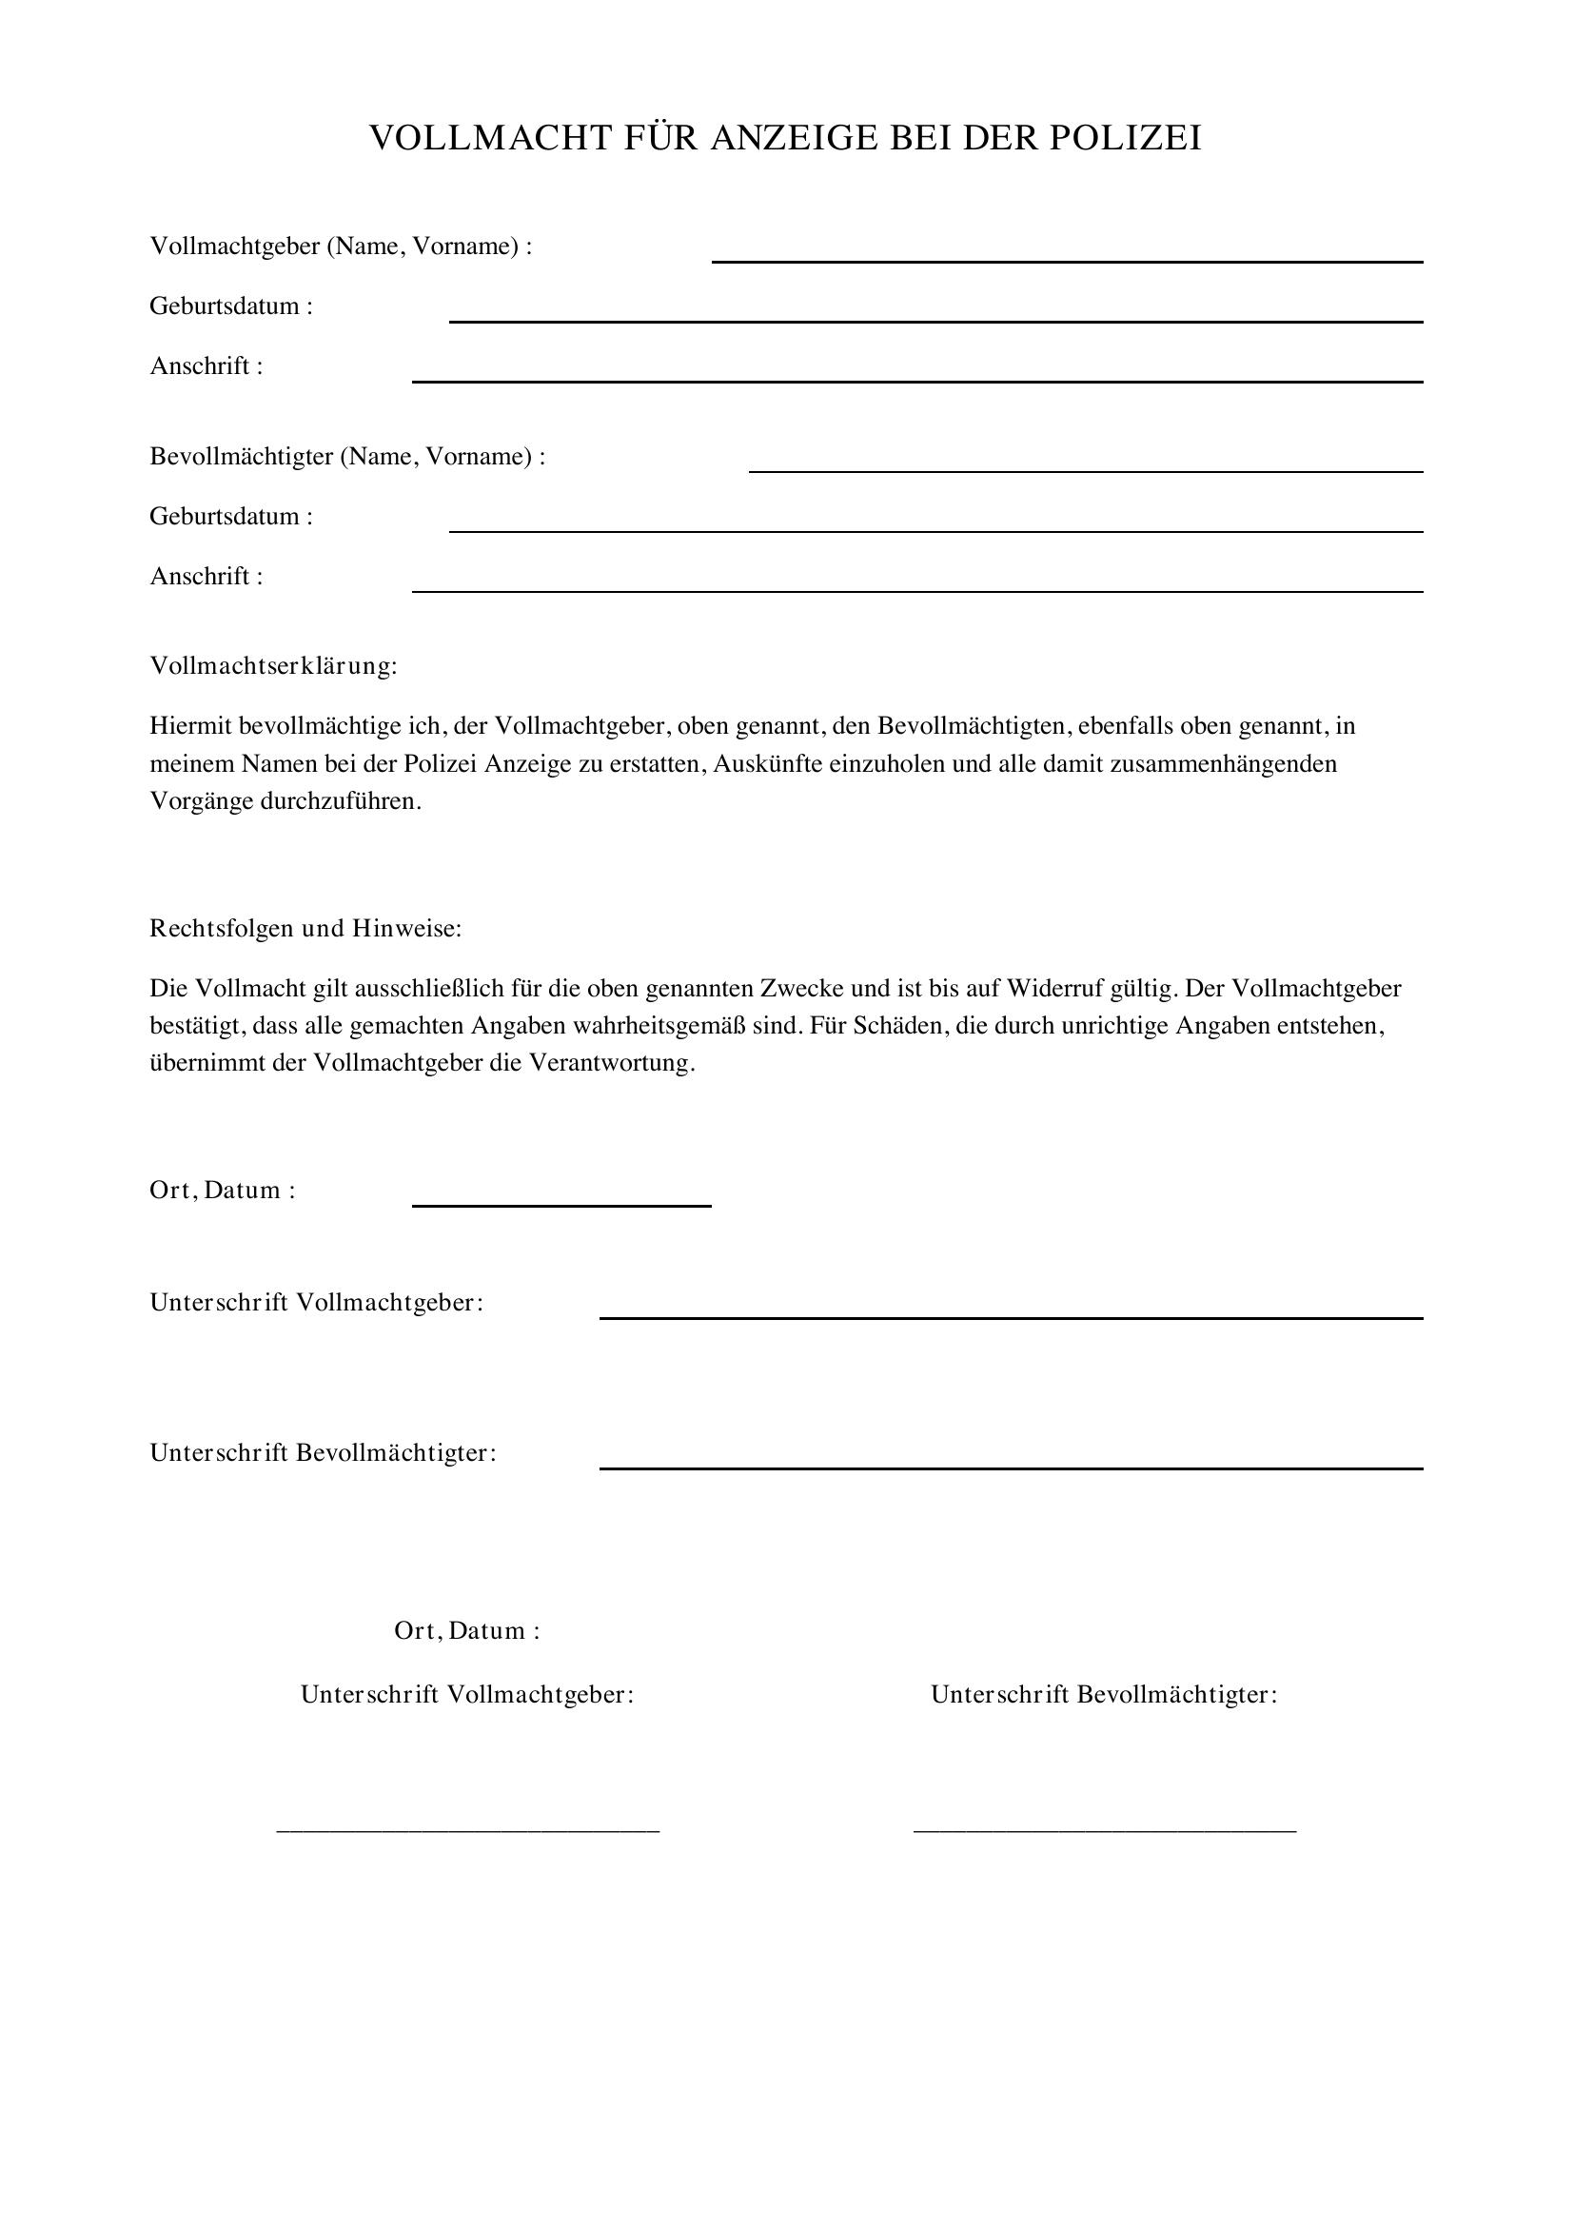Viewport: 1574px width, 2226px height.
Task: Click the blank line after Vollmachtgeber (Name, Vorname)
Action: click(x=1067, y=261)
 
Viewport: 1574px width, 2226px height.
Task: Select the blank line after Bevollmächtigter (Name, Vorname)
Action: click(x=1086, y=471)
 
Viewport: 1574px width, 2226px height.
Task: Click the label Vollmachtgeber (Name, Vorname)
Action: click(x=340, y=246)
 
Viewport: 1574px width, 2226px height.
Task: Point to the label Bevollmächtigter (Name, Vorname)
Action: click(x=347, y=457)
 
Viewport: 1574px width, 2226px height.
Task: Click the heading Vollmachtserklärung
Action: click(x=273, y=667)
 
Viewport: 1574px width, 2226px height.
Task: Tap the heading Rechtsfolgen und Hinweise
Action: click(x=305, y=929)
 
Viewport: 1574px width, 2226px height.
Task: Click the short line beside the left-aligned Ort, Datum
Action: click(x=562, y=1205)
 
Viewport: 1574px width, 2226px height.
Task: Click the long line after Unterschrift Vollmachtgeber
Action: click(x=1011, y=1317)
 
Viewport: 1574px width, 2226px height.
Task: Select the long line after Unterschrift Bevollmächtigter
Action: click(x=1011, y=1468)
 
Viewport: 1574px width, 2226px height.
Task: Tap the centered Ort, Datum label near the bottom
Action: click(x=467, y=1631)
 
